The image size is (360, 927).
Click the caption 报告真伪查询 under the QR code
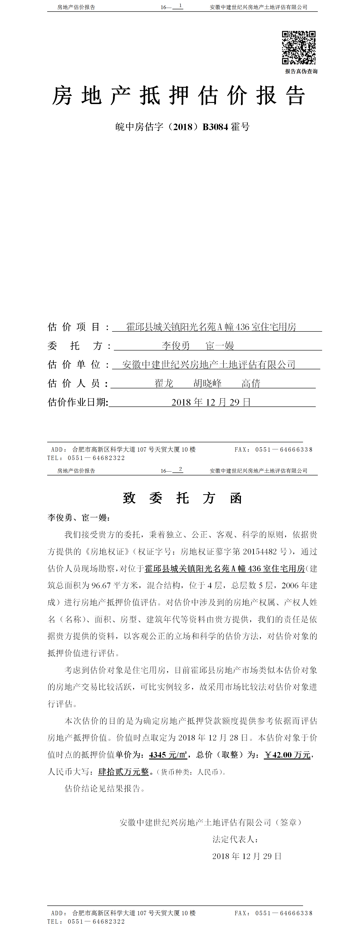(x=301, y=71)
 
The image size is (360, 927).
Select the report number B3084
(x=215, y=127)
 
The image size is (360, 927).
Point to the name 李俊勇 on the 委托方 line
(x=176, y=346)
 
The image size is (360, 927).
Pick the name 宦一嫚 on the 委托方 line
(x=220, y=346)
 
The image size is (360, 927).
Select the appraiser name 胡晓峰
(x=207, y=383)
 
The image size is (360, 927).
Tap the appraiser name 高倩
(x=251, y=383)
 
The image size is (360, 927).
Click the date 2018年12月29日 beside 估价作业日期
(x=211, y=402)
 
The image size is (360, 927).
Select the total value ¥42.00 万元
(x=287, y=755)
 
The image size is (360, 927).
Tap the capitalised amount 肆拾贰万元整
(x=123, y=771)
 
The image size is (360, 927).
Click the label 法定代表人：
(x=235, y=839)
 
